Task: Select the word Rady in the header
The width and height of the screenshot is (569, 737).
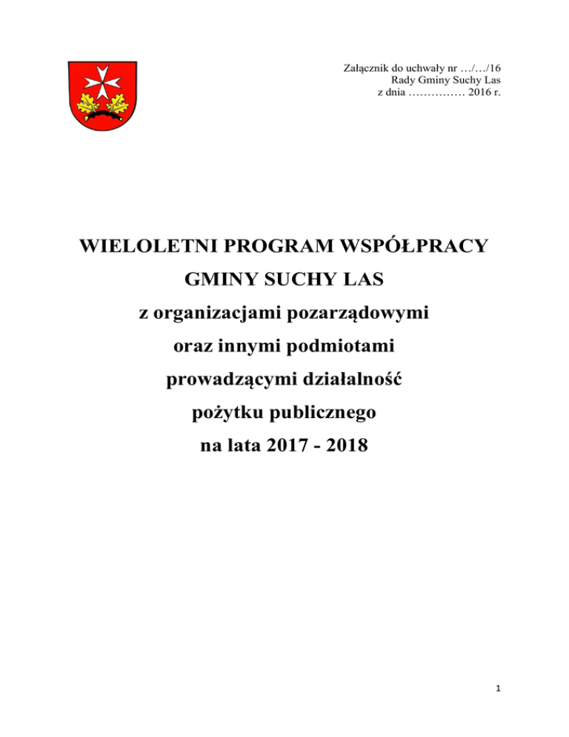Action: click(402, 82)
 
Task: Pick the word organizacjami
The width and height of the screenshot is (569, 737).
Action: click(223, 317)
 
